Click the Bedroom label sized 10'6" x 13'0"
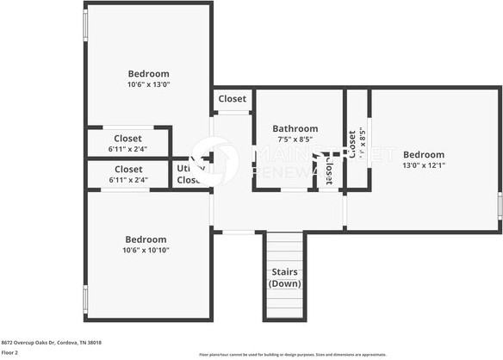coord(148,74)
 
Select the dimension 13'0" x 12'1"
coord(424,165)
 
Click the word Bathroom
coord(295,128)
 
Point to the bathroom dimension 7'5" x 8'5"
coord(295,139)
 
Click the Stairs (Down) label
coord(284,277)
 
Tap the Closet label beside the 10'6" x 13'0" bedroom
coord(127,138)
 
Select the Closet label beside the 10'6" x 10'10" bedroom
coord(127,170)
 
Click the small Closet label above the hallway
coord(233,99)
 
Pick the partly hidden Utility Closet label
coord(188,175)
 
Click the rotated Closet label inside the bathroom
coord(329,171)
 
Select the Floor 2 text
coord(10,352)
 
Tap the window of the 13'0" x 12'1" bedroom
coord(500,207)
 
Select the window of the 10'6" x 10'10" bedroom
coord(84,298)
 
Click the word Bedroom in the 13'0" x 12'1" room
coord(424,155)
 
